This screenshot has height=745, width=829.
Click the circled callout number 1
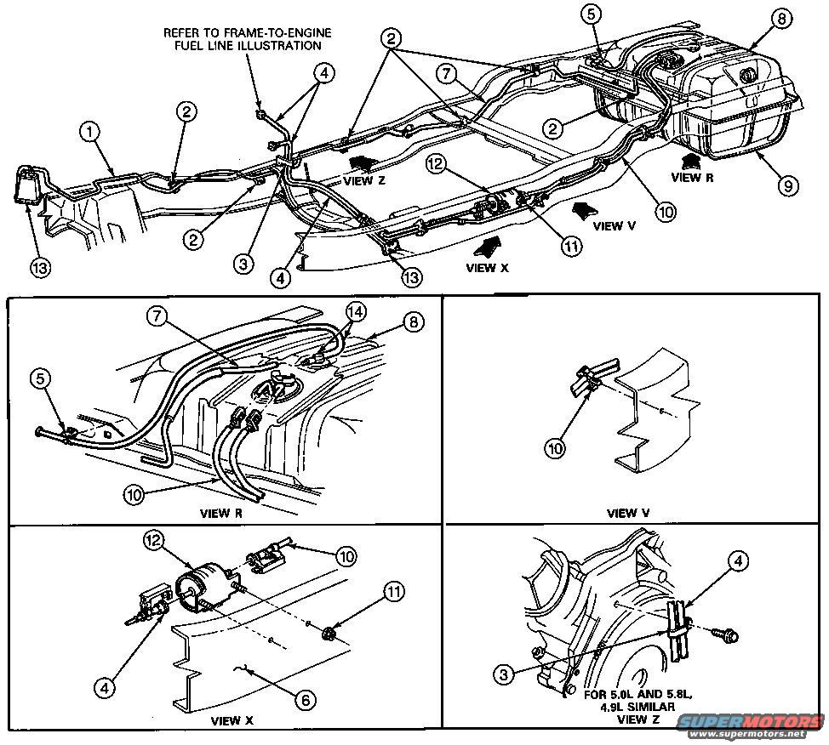click(x=91, y=132)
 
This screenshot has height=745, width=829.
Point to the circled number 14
click(x=356, y=311)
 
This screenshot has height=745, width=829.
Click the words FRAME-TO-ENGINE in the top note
click(x=289, y=32)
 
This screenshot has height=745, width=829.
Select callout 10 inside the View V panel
click(x=555, y=447)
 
